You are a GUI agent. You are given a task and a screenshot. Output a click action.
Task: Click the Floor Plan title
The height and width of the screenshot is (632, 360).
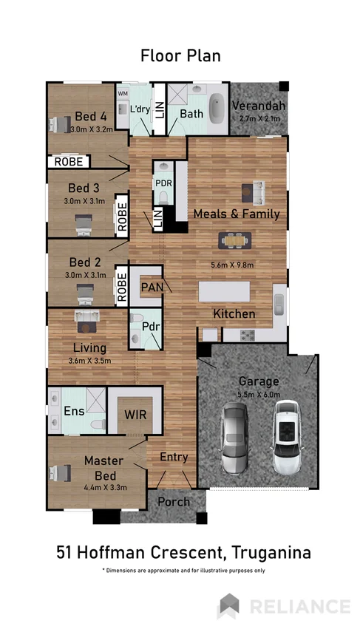pos(180,55)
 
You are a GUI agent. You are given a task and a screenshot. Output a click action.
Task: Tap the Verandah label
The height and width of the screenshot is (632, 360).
pos(259,106)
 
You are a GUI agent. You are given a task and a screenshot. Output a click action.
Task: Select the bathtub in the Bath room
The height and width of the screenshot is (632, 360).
pos(217,107)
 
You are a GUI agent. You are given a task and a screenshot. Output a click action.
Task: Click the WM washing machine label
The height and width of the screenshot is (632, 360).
pos(123,94)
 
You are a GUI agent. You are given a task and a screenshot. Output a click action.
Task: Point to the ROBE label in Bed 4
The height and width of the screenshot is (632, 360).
pos(69,162)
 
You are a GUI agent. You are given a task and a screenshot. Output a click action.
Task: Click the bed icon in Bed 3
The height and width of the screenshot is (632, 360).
pos(84,224)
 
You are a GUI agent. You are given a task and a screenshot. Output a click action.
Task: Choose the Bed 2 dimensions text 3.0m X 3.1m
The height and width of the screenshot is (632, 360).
pos(86,275)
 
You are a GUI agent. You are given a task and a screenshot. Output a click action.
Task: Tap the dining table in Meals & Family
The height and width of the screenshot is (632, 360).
pos(234,241)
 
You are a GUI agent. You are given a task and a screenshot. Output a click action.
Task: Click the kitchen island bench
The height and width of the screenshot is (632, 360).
pos(224,291)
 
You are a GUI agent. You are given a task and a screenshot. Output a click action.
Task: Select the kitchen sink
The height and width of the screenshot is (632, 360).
pos(279,305)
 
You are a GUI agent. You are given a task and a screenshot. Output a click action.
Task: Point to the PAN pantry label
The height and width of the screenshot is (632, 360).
pos(152,287)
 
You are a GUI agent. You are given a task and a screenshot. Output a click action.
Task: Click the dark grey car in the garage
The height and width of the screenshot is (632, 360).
pos(234,438)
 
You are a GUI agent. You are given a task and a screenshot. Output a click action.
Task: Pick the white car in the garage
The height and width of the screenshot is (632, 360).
pos(287,437)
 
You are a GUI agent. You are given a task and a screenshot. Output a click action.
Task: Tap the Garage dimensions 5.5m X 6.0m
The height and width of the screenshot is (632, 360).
pos(259,395)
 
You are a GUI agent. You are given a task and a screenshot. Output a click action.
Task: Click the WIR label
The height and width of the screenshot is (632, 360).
pos(135,415)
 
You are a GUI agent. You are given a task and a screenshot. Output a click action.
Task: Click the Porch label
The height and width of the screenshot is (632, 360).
pos(174,502)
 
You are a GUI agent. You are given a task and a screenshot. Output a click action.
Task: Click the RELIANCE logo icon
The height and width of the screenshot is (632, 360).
pos(229,605)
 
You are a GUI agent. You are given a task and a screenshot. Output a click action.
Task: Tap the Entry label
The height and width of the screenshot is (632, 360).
pos(174,457)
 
